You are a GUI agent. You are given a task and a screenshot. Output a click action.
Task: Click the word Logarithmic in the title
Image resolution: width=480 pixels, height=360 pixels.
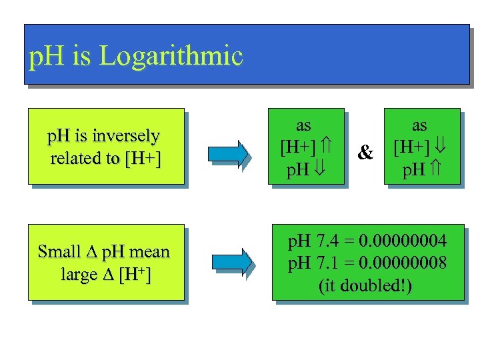(x=171, y=57)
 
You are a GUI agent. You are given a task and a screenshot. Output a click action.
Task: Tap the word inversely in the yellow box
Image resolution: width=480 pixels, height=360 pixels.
(x=127, y=136)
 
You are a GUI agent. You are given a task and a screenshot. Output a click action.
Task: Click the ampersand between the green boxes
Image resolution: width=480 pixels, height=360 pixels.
(x=365, y=153)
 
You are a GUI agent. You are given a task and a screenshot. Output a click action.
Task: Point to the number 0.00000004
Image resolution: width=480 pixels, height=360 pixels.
(x=403, y=241)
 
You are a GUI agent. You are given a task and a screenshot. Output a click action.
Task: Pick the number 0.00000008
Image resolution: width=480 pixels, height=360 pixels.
(x=403, y=263)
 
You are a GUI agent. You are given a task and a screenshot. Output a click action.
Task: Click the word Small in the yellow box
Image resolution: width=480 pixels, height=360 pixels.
(x=59, y=252)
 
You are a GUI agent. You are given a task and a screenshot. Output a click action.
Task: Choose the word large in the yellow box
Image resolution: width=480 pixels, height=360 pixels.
(x=79, y=274)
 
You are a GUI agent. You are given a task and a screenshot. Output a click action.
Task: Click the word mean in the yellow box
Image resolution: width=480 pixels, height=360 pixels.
(x=149, y=252)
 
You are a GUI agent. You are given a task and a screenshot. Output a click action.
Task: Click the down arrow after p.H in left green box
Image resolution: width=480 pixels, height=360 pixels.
(x=321, y=169)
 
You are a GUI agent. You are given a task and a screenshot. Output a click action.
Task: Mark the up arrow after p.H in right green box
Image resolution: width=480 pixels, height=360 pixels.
(x=437, y=169)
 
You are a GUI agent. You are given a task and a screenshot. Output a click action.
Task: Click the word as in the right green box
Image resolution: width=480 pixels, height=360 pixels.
(x=419, y=125)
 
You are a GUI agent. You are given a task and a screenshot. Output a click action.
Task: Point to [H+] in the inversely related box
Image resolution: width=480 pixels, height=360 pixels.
(x=142, y=159)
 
